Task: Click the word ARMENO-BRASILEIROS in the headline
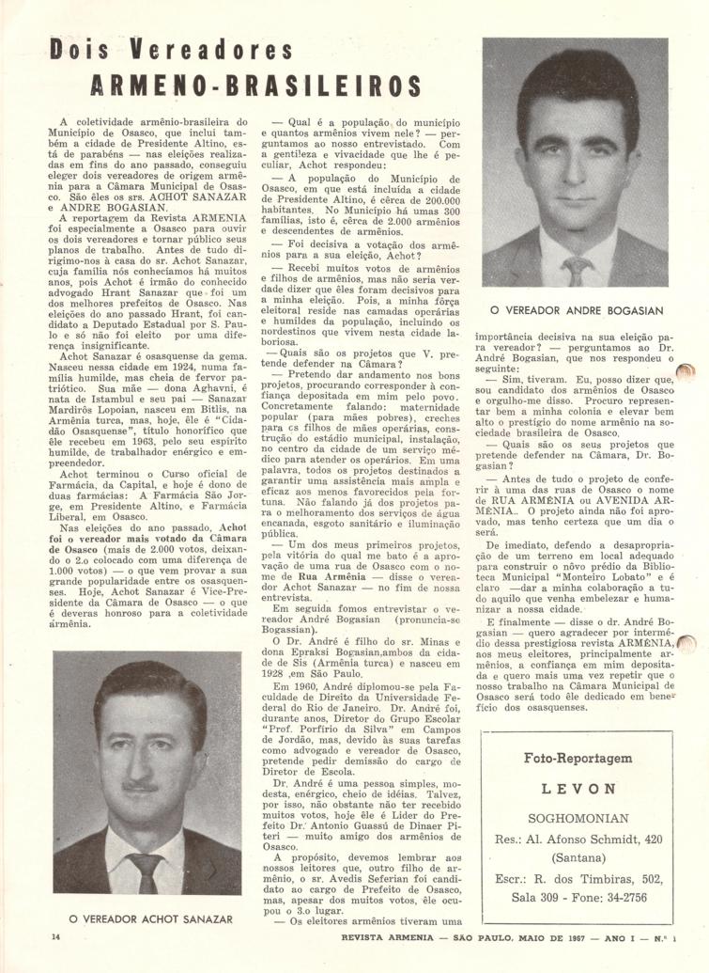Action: [256, 86]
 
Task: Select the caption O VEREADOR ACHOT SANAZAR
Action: [150, 918]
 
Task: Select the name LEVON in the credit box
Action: [578, 789]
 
